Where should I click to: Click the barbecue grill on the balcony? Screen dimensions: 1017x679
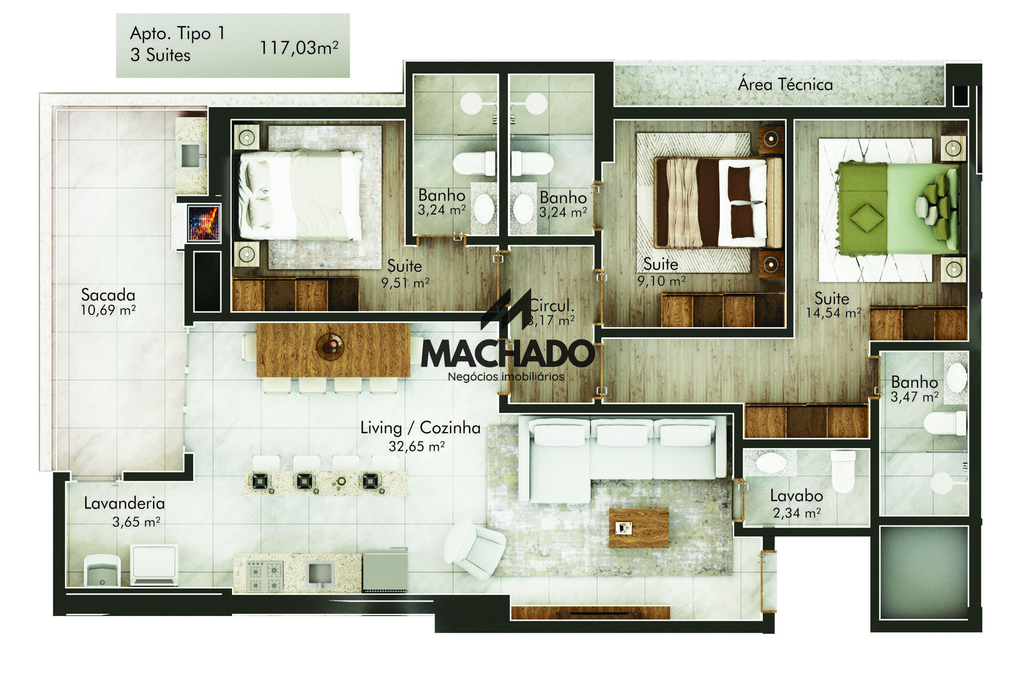pos(203,223)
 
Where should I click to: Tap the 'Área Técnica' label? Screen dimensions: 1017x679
pos(785,84)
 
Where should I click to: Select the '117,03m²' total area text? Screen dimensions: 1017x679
pos(299,48)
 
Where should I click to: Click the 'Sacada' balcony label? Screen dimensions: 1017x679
pos(108,294)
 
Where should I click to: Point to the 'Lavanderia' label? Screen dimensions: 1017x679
pos(124,503)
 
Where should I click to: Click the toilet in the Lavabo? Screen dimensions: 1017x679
pos(842,471)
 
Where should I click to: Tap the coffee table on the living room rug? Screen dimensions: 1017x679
pos(638,528)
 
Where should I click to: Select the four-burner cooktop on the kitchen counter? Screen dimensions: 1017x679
pos(265,577)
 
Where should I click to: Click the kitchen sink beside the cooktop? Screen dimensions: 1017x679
pos(320,576)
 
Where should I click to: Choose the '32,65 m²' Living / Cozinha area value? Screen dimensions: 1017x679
pos(416,446)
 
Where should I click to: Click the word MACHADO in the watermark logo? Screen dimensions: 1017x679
pos(508,354)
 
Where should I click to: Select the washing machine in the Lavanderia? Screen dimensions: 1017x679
pos(154,565)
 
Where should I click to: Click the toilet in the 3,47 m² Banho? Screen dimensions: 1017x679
pos(944,424)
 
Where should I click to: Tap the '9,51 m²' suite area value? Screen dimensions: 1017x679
pos(406,283)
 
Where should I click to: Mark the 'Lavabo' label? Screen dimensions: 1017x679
pos(796,496)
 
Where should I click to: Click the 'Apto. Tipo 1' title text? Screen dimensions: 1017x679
pos(177,33)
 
